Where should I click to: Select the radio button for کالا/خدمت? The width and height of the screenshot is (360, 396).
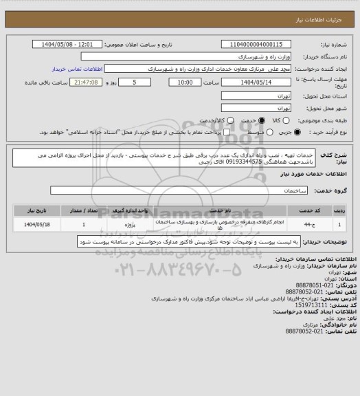(x=212, y=120)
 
